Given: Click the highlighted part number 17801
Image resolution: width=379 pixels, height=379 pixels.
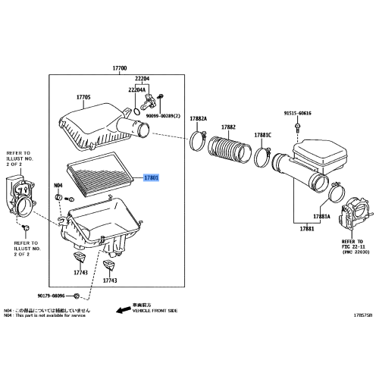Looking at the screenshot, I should [152, 177].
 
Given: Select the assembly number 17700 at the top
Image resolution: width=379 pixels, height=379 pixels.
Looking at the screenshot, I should [119, 69].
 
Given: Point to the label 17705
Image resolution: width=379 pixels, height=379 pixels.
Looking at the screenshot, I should [83, 98].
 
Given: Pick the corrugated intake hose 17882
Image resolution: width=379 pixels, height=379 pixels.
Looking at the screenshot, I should [230, 146].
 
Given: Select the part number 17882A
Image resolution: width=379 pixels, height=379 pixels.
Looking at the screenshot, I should [199, 119].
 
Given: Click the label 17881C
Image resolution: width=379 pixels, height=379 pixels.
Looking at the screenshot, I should [263, 135].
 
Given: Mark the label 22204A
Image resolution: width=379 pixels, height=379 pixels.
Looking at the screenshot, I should [136, 89].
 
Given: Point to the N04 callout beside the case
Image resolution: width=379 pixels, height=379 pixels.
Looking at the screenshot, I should [58, 185].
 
